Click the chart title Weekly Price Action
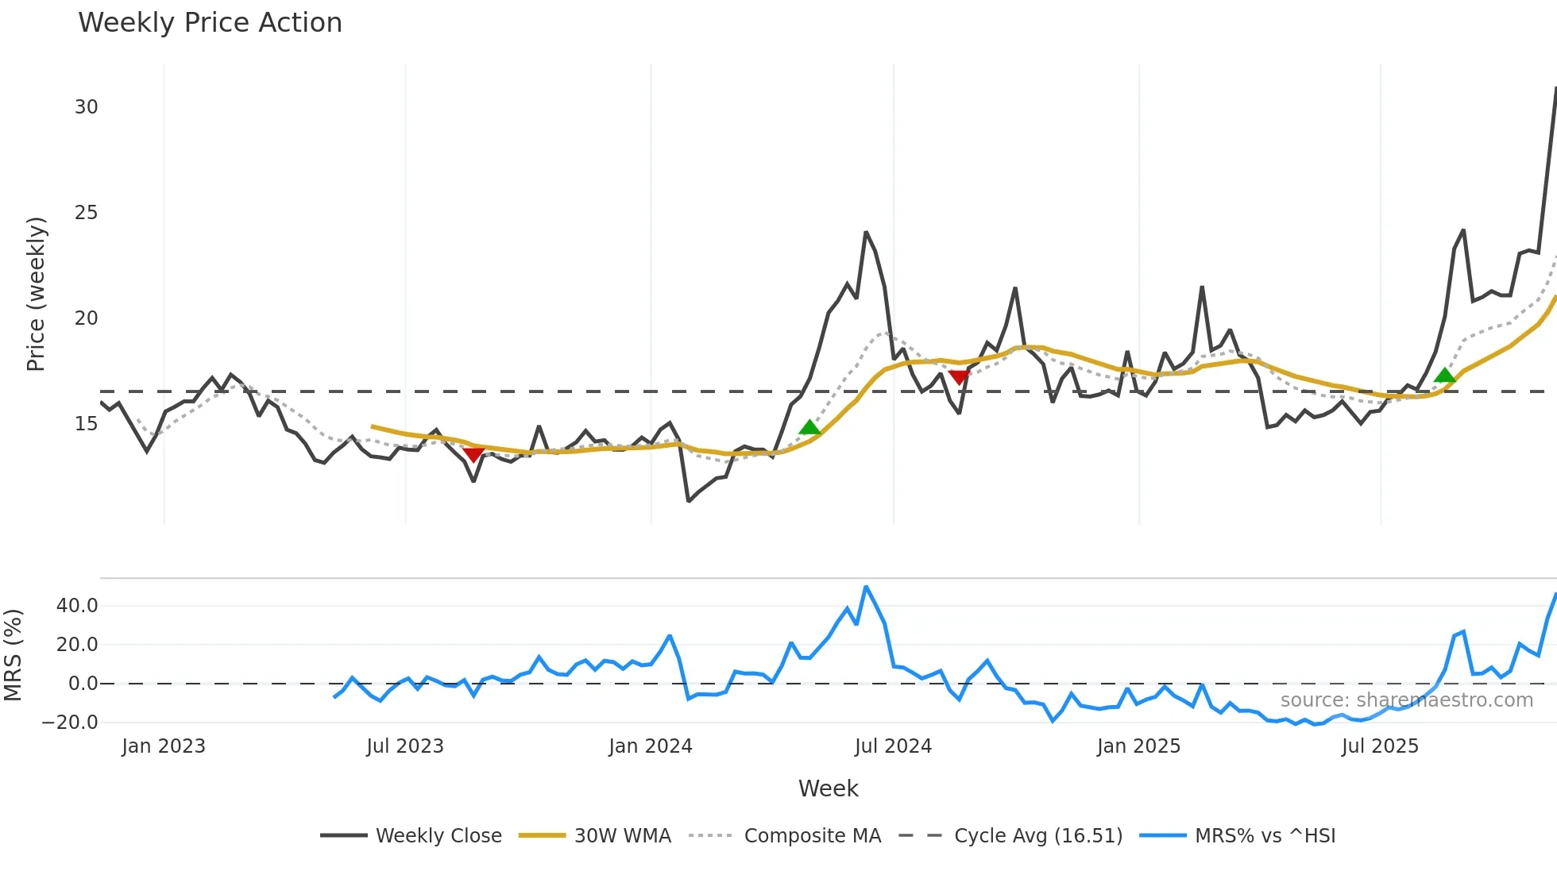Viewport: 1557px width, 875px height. pos(210,23)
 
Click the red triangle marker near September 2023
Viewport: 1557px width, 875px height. pos(473,454)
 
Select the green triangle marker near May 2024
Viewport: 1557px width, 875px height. pos(809,428)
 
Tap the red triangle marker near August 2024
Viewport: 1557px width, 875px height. pos(959,377)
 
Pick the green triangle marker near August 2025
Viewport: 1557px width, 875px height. pos(1445,376)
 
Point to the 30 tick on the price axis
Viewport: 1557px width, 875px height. pos(86,107)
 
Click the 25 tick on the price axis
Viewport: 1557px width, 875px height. pos(86,213)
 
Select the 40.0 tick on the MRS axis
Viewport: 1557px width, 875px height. pos(77,606)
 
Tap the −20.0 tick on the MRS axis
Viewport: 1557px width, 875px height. pos(70,723)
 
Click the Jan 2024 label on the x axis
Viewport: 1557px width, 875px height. pos(651,746)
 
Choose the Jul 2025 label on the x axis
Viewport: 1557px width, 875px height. pos(1380,746)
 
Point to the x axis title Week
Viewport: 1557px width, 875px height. pos(828,788)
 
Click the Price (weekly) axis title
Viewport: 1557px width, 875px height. pos(36,294)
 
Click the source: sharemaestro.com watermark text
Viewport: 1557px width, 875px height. pos(1406,700)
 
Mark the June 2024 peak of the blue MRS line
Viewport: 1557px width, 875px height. pos(866,588)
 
